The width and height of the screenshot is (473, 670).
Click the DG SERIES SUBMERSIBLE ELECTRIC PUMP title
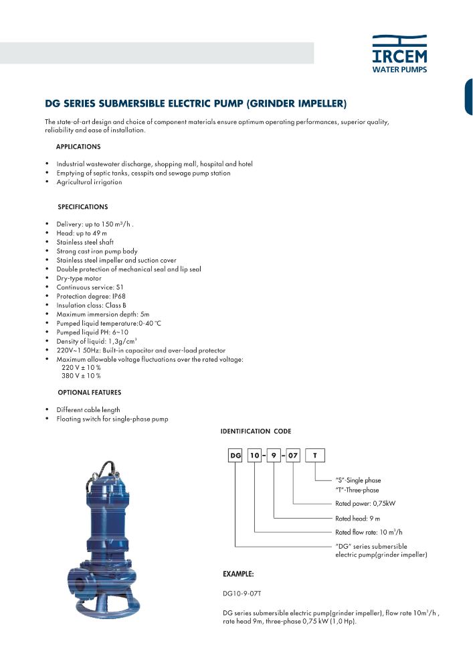click(x=195, y=104)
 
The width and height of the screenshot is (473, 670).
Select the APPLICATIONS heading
click(x=78, y=146)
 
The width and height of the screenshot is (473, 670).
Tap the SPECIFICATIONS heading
click(x=82, y=207)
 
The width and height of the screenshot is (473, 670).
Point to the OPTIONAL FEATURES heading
click(x=89, y=392)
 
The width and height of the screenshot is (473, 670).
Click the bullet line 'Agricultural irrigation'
click(x=89, y=182)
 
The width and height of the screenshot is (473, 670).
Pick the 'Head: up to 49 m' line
click(x=82, y=232)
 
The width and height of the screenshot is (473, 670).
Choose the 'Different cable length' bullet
click(x=88, y=409)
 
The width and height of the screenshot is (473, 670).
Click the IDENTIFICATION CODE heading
click(x=256, y=431)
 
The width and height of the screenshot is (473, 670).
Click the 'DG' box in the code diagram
click(x=235, y=456)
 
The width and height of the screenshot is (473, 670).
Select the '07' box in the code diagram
click(x=294, y=456)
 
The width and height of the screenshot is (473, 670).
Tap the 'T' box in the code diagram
click(x=315, y=456)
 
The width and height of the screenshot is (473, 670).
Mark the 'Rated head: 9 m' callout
click(x=357, y=519)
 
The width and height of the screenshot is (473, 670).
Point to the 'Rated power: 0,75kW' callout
click(x=365, y=503)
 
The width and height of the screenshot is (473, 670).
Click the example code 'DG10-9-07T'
click(x=244, y=593)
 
